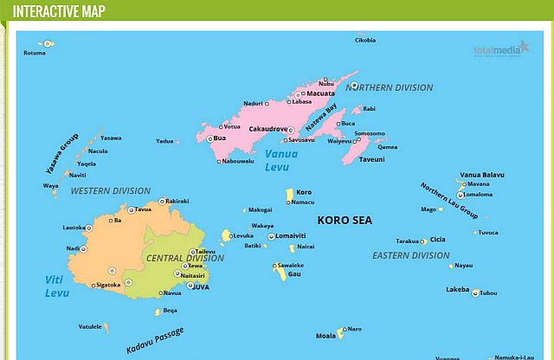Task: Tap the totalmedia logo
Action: click(x=500, y=48)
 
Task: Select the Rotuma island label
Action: click(x=35, y=53)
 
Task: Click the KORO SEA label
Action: click(x=345, y=220)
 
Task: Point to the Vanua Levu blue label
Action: click(x=281, y=160)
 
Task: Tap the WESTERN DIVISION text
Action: click(x=110, y=190)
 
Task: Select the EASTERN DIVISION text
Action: click(x=411, y=255)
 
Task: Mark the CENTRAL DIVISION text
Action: click(x=184, y=258)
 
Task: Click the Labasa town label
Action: click(x=301, y=101)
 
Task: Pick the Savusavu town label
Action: click(x=301, y=139)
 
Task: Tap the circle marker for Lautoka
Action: click(x=87, y=228)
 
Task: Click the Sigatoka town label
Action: click(x=108, y=285)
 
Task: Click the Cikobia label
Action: click(x=365, y=40)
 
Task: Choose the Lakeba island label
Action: click(x=457, y=290)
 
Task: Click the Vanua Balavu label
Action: click(x=482, y=175)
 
